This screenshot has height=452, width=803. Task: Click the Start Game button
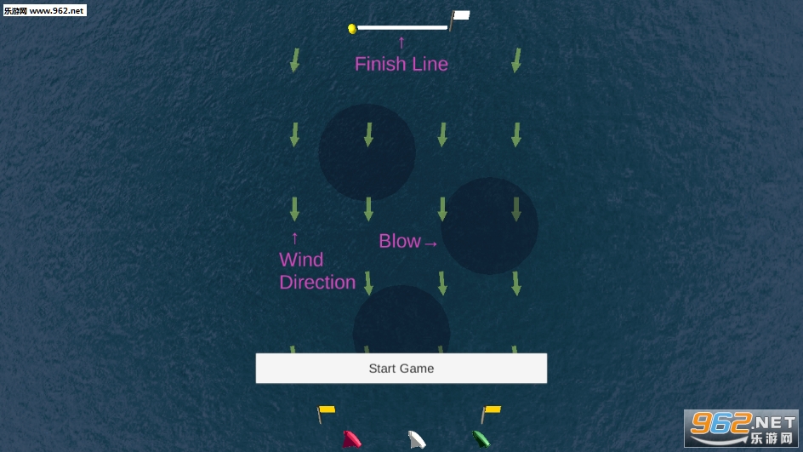point(401,368)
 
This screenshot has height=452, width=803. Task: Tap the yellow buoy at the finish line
point(352,29)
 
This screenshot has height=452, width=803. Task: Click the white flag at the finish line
point(460,16)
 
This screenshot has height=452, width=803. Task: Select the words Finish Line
point(401,64)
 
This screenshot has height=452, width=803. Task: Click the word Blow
point(400,241)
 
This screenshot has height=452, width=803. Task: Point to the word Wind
point(301,260)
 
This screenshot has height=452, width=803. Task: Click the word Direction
point(317,283)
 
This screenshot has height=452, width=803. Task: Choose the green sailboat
point(481,439)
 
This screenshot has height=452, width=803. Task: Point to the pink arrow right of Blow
point(430,244)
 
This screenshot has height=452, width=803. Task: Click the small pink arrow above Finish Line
point(401,43)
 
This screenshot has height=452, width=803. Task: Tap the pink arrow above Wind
point(294,238)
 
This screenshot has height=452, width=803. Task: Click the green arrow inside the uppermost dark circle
point(368,134)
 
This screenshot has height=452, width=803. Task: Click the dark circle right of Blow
point(490,226)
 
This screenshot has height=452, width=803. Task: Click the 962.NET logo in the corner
point(742,428)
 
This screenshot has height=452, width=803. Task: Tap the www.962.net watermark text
point(56,10)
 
